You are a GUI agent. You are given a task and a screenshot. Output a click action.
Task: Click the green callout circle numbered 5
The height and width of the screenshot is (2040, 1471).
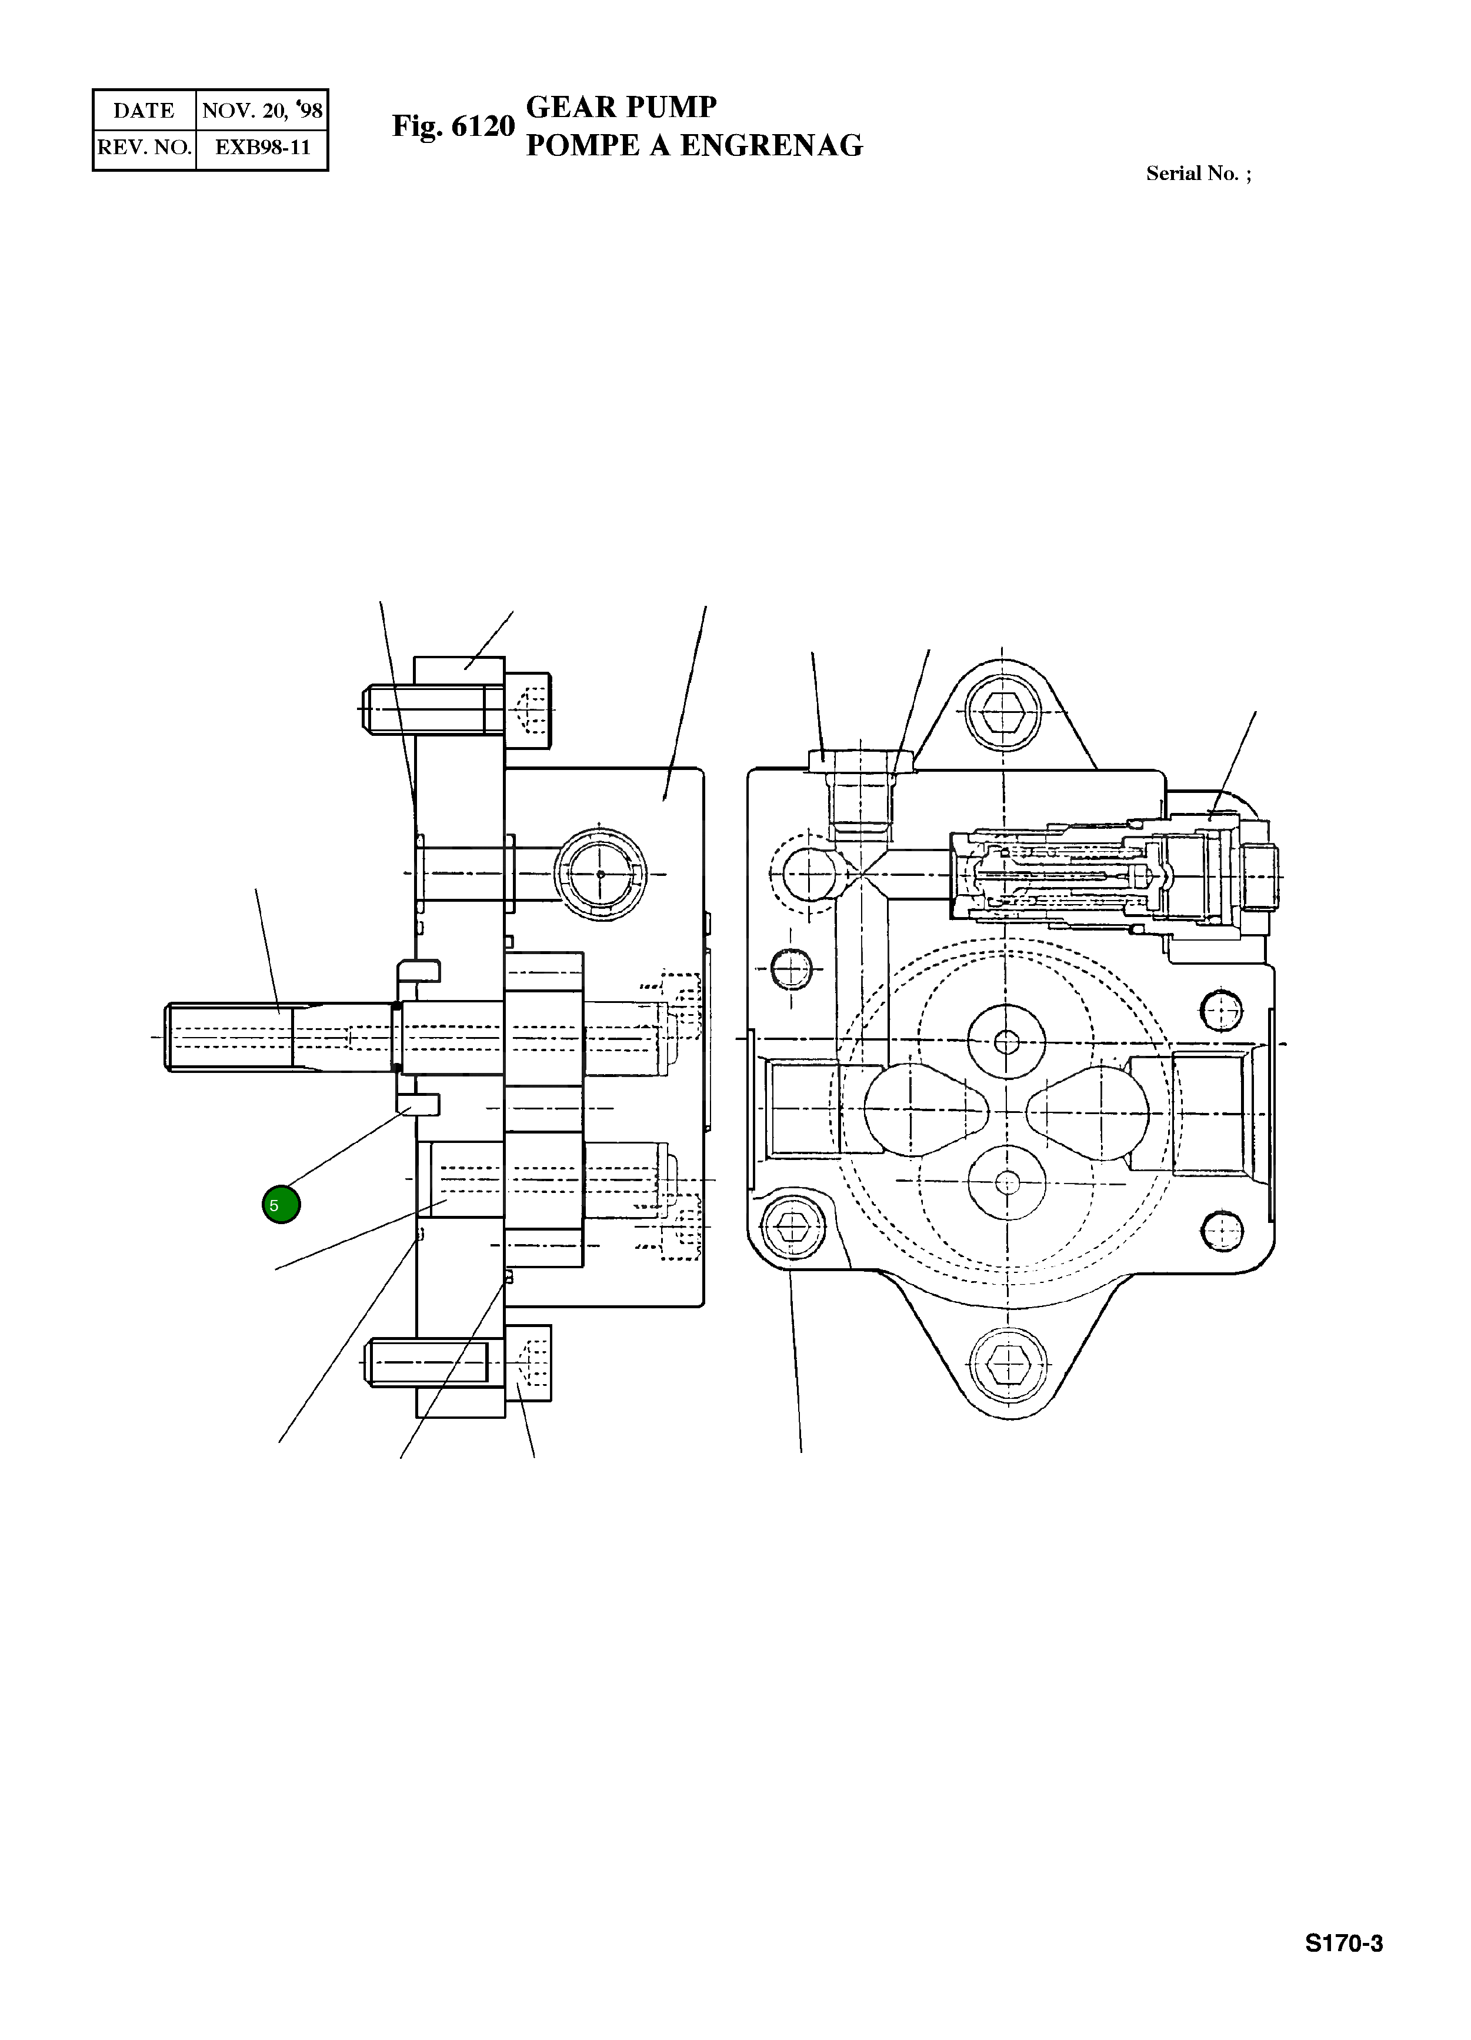coord(281,1204)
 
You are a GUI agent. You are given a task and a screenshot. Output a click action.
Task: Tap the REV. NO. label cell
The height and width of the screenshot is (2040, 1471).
coord(144,148)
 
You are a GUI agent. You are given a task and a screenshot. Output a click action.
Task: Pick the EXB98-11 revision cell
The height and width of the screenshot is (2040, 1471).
coord(262,148)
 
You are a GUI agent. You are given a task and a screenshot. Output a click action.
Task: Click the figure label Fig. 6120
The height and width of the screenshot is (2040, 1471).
coord(453,126)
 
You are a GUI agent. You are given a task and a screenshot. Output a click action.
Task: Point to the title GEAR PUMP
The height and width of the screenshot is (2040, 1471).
coord(621,107)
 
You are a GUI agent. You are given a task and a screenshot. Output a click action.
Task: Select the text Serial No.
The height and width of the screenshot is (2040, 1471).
coord(1192,174)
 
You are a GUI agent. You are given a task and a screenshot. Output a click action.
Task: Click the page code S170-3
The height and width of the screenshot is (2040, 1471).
coord(1343,1969)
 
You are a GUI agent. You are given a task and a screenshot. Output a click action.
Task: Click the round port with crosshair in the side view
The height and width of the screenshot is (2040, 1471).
coord(600,874)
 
